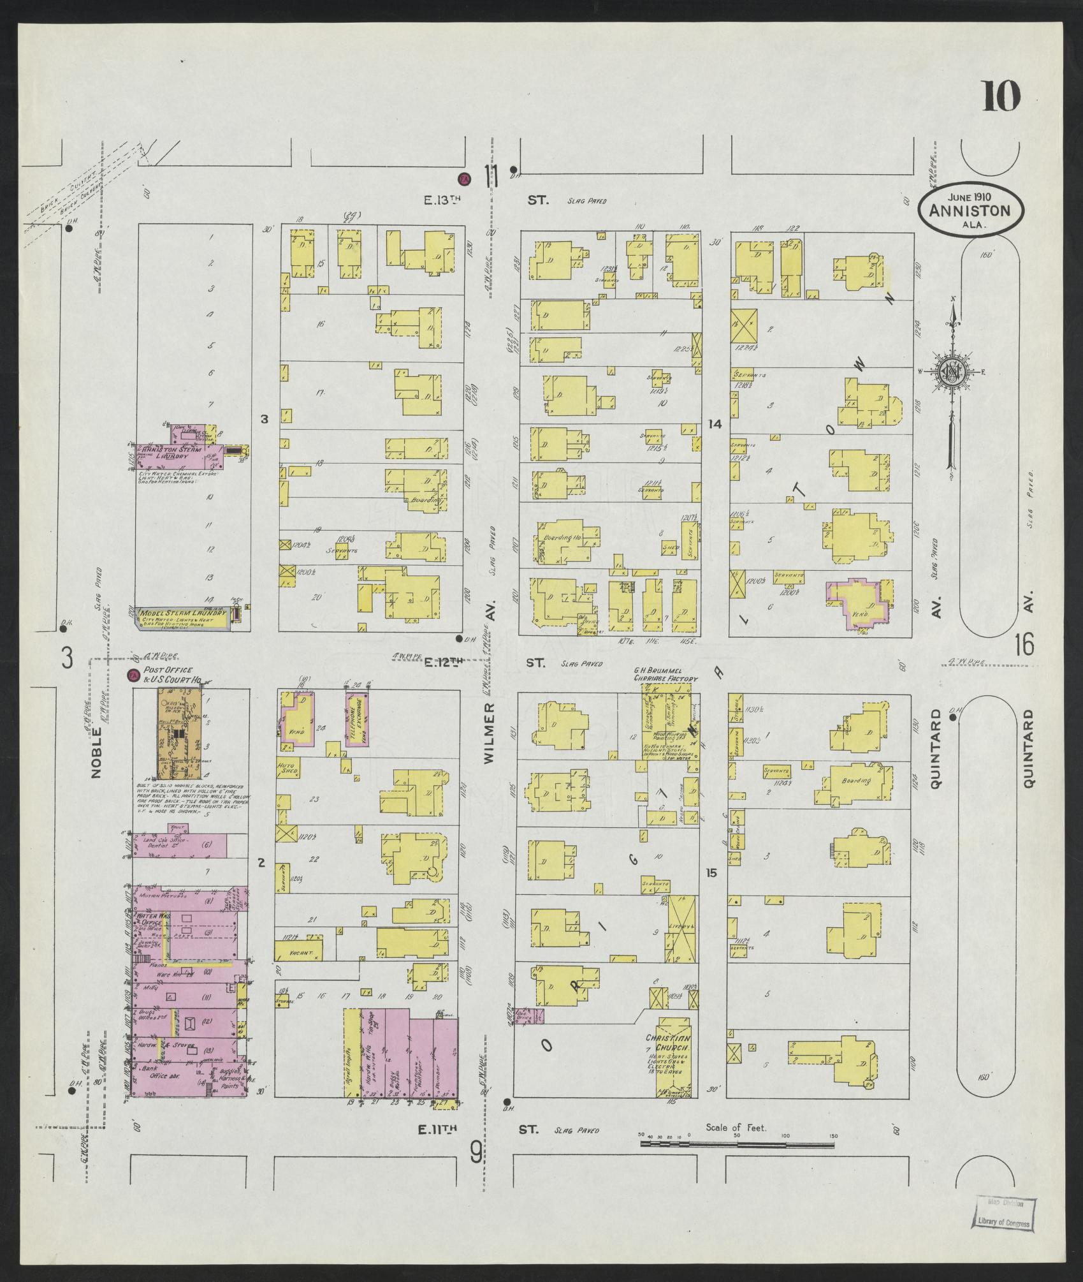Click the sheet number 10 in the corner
pos(1001,96)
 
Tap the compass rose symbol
pos(952,371)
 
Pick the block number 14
pos(715,424)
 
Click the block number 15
pos(711,873)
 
